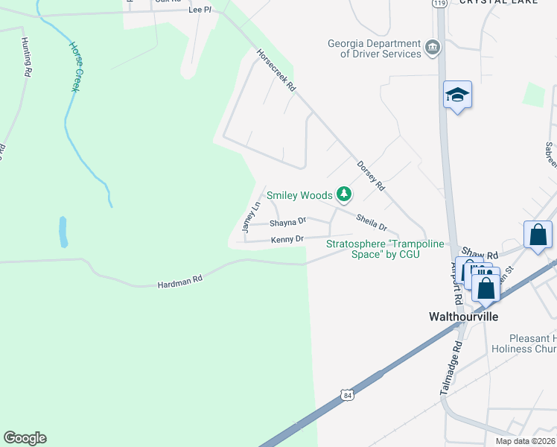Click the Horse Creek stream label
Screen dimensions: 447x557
tap(74, 66)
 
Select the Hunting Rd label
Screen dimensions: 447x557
tap(26, 57)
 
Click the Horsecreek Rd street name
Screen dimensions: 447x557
tap(276, 71)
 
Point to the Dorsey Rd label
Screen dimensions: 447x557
tap(370, 177)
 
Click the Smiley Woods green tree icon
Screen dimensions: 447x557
tap(343, 195)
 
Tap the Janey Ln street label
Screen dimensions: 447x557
tap(250, 215)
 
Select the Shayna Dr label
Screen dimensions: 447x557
tap(287, 222)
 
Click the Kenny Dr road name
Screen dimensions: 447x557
tap(287, 239)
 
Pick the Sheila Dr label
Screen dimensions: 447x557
tap(372, 221)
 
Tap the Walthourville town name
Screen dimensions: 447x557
tap(462, 316)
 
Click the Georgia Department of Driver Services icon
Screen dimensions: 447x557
tap(432, 48)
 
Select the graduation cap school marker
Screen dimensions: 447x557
tap(457, 95)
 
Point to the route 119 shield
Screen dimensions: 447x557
tap(439, 4)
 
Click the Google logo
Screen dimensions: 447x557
tap(25, 438)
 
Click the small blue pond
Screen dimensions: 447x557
tap(63, 232)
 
